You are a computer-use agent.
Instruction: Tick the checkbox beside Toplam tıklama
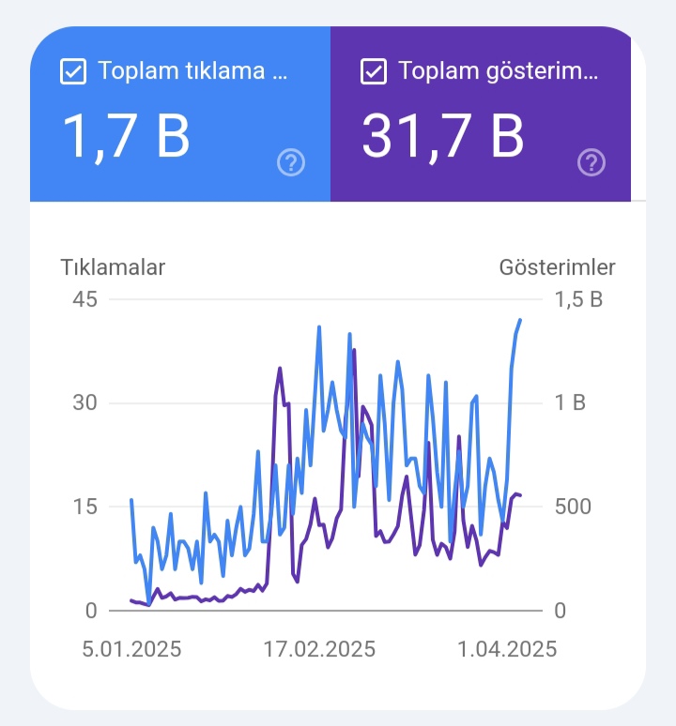(x=73, y=71)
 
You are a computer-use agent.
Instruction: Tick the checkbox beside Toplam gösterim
(x=374, y=71)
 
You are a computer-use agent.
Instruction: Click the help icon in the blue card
(x=291, y=162)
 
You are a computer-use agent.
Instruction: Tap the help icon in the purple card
(x=591, y=162)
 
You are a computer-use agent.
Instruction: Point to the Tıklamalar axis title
(x=113, y=267)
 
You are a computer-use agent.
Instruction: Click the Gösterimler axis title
(x=557, y=267)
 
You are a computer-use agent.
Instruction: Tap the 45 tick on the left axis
(x=84, y=299)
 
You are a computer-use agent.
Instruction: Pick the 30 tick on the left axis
(x=84, y=402)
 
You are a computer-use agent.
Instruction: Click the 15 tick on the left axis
(x=84, y=507)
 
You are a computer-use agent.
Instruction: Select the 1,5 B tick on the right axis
(x=578, y=299)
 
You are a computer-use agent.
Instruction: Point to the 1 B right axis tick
(x=570, y=402)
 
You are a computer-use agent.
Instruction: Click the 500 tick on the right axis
(x=573, y=507)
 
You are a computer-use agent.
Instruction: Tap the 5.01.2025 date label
(x=131, y=649)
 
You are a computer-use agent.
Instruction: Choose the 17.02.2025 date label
(x=319, y=649)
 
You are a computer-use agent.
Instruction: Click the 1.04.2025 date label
(x=507, y=649)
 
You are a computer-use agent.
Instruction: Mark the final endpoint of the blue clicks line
(x=520, y=320)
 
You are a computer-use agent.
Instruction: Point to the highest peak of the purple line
(x=355, y=350)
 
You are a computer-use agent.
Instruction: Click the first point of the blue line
(x=131, y=500)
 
